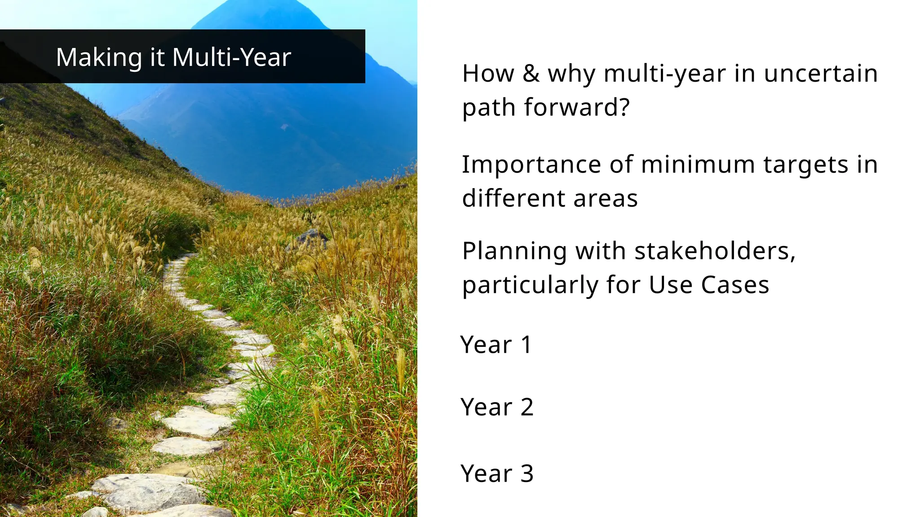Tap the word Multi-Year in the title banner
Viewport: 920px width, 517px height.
(x=231, y=57)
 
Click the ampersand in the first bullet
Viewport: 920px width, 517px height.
(x=531, y=73)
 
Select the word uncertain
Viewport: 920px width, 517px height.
(x=821, y=73)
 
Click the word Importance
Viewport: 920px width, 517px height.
(x=531, y=164)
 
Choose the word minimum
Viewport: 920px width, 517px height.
(x=698, y=164)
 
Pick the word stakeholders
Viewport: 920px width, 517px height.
(x=715, y=251)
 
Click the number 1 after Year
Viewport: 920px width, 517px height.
(x=526, y=345)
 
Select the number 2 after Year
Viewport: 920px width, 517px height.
(x=527, y=407)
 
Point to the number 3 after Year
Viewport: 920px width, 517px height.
(x=527, y=473)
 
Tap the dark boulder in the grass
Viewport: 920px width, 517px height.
(x=311, y=237)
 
